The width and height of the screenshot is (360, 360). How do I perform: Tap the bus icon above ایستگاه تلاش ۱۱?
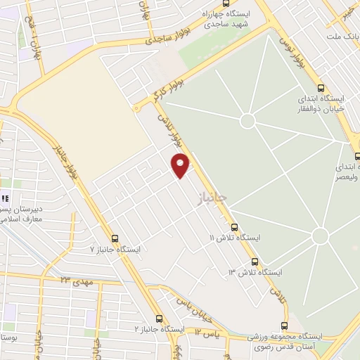(234, 226)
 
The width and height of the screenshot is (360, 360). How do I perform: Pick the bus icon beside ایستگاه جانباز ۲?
(160, 319)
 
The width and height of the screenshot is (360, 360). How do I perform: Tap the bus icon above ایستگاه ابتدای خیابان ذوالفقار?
(321, 89)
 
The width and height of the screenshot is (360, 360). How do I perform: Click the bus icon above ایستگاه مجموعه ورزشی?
(284, 326)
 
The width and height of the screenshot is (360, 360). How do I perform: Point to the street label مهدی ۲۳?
(78, 281)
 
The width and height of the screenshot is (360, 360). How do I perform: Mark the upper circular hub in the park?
(247, 121)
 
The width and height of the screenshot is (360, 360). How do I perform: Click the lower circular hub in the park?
(320, 236)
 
